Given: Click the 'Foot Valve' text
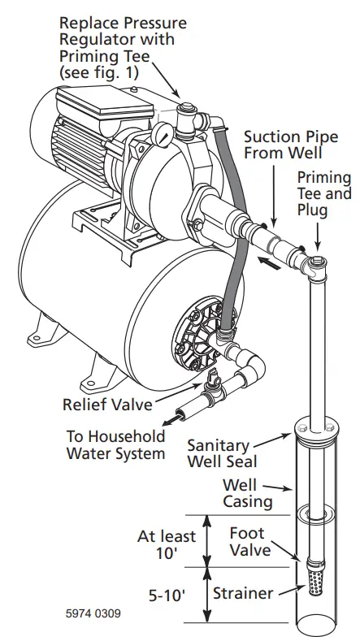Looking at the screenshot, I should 247,542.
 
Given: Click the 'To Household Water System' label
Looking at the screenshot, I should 115,444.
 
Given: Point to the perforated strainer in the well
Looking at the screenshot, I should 314,583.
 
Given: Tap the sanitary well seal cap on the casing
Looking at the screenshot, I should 314,430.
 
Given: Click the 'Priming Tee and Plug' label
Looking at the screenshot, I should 323,194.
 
